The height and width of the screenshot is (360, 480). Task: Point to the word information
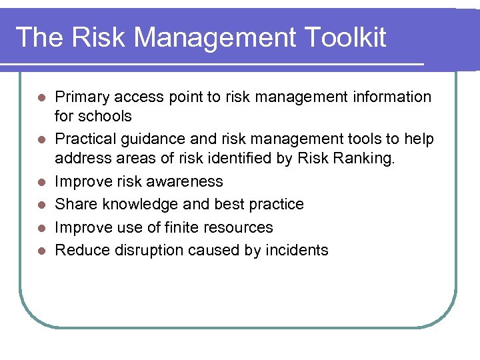389,97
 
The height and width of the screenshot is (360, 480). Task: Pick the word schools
105,117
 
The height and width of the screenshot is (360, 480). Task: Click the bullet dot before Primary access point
41,98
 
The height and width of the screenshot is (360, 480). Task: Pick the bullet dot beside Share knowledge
41,205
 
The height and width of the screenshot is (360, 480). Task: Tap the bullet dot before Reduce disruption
41,251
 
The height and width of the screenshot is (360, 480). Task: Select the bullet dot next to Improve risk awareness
41,182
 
